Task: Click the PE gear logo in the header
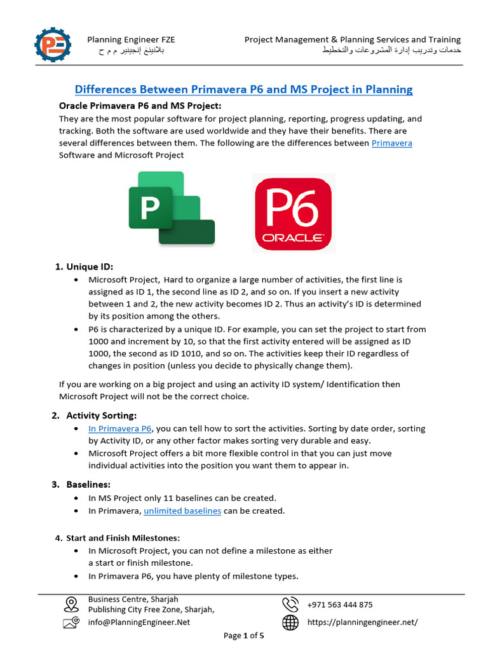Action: click(53, 45)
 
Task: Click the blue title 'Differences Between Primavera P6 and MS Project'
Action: click(244, 90)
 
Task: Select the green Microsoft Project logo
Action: click(171, 208)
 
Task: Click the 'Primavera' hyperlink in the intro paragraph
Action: click(391, 143)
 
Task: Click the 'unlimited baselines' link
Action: click(182, 511)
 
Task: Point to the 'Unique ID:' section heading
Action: click(89, 266)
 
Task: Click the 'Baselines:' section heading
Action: click(88, 484)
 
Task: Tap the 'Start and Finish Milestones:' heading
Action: click(123, 538)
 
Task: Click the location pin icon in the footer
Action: click(71, 604)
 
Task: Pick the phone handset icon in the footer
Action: click(290, 605)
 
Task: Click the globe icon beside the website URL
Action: click(290, 623)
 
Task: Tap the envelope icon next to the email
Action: click(71, 623)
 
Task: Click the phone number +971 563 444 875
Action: click(340, 605)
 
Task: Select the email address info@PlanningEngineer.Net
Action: click(139, 622)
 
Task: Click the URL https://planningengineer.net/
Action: click(362, 622)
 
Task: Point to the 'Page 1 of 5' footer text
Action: click(244, 635)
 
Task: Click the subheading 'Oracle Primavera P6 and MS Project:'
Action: click(140, 106)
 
